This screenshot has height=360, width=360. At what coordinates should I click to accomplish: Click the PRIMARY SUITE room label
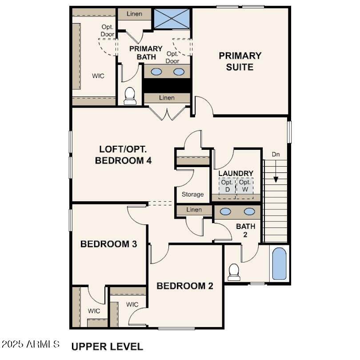pyautogui.click(x=240, y=61)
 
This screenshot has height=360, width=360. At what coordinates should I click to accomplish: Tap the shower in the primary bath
pyautogui.click(x=172, y=17)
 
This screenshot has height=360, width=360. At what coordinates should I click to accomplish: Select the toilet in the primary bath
pyautogui.click(x=130, y=95)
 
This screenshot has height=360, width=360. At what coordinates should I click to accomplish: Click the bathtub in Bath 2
pyautogui.click(x=279, y=264)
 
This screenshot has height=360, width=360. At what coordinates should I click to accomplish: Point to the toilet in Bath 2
pyautogui.click(x=234, y=272)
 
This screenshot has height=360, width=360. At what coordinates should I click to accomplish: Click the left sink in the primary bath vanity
pyautogui.click(x=156, y=72)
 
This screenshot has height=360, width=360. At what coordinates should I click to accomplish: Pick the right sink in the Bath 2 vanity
pyautogui.click(x=249, y=212)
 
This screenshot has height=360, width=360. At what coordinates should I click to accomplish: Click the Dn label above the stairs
pyautogui.click(x=276, y=154)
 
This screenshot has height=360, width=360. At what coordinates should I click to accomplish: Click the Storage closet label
pyautogui.click(x=193, y=194)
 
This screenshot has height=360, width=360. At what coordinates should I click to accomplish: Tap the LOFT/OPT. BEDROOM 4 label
pyautogui.click(x=123, y=155)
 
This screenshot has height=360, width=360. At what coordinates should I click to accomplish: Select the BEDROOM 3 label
pyautogui.click(x=108, y=244)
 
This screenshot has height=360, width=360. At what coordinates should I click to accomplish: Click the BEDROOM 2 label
pyautogui.click(x=184, y=286)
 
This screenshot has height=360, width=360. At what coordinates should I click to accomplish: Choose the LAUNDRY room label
pyautogui.click(x=236, y=173)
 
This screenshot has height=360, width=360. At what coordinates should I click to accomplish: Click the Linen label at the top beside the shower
pyautogui.click(x=134, y=14)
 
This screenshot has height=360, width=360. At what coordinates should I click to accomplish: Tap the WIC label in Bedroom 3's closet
pyautogui.click(x=93, y=311)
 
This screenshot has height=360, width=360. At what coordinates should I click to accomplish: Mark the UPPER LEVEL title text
pyautogui.click(x=107, y=347)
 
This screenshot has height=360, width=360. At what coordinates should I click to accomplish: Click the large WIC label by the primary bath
pyautogui.click(x=98, y=76)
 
